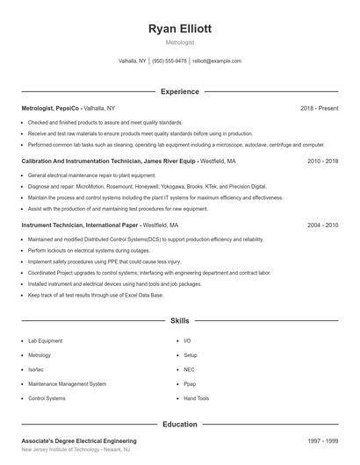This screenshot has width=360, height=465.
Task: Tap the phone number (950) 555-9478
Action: coord(169,61)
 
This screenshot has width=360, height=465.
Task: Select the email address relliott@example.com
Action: coord(217,61)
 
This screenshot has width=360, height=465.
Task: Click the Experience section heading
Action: coord(180,91)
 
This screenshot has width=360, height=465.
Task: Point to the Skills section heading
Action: coord(180,322)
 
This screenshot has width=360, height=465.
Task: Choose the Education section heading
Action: coord(180,424)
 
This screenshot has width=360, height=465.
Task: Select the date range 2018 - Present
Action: coord(319,108)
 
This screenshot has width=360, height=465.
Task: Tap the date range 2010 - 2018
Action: coord(322,161)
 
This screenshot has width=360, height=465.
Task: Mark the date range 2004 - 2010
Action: coord(322,225)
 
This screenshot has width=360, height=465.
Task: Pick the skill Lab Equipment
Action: coord(46,340)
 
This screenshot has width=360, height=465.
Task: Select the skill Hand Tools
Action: coord(197,398)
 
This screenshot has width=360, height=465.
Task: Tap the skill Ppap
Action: coord(190,383)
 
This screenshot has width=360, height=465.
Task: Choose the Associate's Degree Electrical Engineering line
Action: coord(79,440)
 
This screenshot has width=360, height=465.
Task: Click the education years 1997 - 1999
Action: coord(322,440)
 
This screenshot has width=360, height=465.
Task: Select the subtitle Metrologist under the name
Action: coord(180,42)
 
